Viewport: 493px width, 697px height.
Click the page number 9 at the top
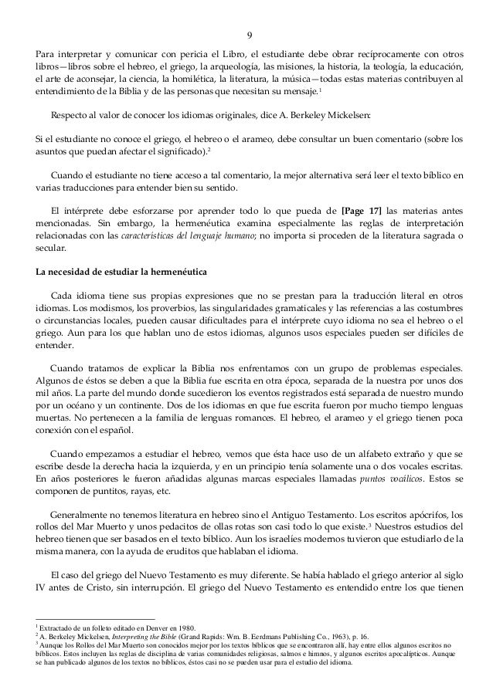pos(247,35)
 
